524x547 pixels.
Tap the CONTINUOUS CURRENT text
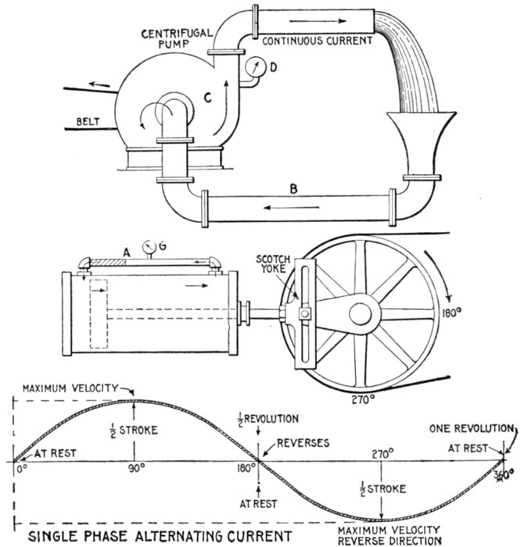[318, 39]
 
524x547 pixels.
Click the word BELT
[91, 122]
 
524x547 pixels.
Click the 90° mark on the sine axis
[138, 469]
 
